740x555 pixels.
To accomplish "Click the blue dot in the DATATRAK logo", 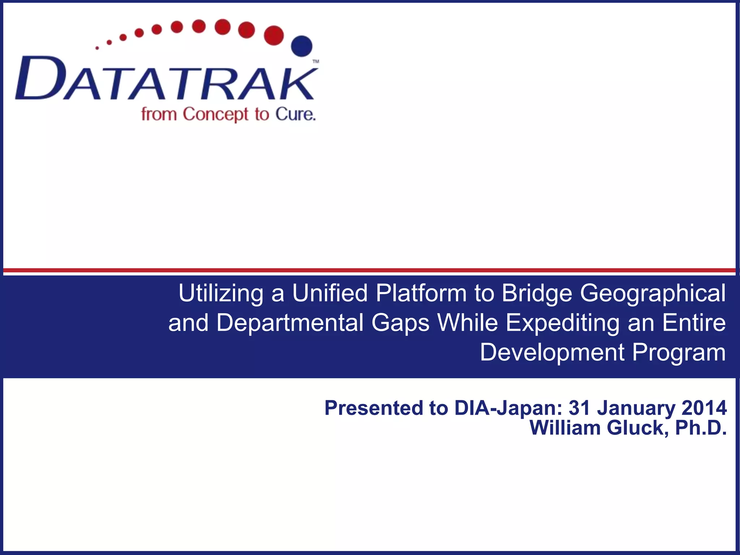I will (302, 46).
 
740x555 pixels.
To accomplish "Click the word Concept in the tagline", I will (215, 115).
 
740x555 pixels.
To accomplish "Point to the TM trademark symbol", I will (315, 62).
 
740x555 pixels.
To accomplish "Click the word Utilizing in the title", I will (221, 293).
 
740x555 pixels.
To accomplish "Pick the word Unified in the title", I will (330, 293).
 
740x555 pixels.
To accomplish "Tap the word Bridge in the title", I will (537, 293).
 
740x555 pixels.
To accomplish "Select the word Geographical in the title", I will (653, 293).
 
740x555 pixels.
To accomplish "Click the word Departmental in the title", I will (290, 323).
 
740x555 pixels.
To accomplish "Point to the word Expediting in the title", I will (562, 323).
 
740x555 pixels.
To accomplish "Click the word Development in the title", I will (552, 352).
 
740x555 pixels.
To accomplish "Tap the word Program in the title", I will (679, 352).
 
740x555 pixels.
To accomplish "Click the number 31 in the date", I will (579, 408).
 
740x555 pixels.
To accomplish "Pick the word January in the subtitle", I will (636, 408).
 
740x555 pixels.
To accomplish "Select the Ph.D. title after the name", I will (701, 428).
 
